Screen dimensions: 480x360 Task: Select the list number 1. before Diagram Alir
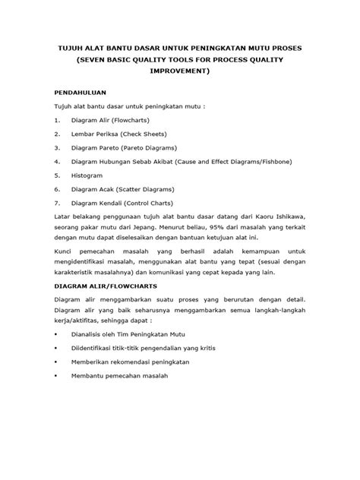(57, 120)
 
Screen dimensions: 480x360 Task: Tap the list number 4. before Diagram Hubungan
(57, 162)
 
